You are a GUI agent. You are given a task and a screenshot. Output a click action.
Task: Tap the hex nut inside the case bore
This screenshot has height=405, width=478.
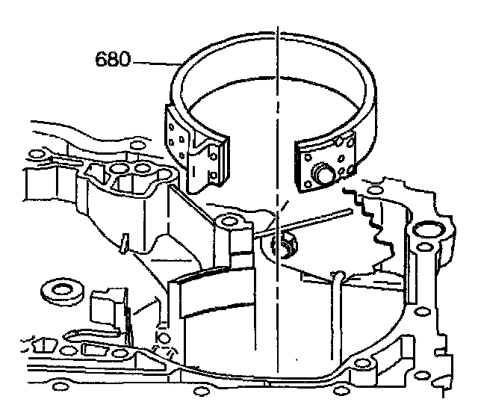(286, 247)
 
